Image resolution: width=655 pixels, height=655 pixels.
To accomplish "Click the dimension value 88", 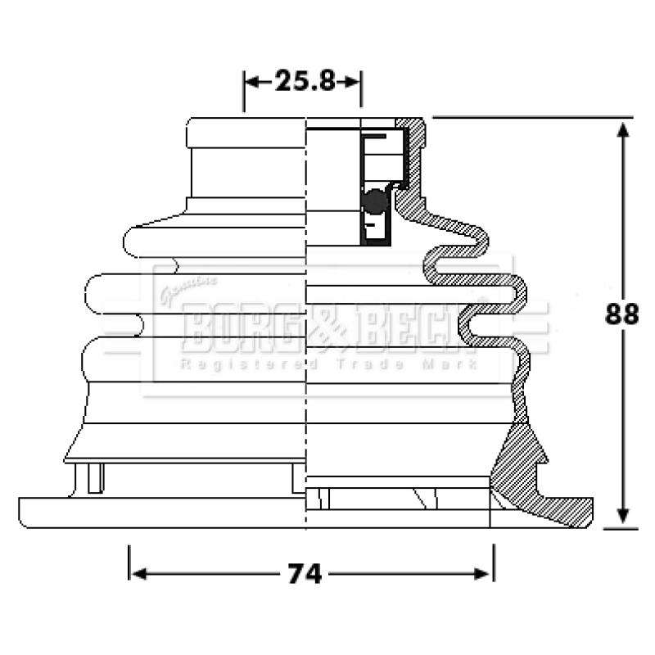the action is (621, 314).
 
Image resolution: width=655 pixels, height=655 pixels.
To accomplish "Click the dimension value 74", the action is (305, 574).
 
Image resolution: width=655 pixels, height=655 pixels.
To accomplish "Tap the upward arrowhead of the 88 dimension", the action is (623, 131).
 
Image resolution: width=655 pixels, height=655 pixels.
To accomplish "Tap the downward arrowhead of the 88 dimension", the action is (623, 516).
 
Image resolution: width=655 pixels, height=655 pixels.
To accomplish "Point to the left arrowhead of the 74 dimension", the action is (138, 574).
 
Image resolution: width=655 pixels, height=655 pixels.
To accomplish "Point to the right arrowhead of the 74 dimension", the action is (481, 574).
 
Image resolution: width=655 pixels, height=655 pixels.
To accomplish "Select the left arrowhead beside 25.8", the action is (251, 82).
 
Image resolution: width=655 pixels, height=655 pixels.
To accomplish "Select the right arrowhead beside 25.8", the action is (352, 82).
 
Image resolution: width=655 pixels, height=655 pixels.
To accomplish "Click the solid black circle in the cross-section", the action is (375, 201).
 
